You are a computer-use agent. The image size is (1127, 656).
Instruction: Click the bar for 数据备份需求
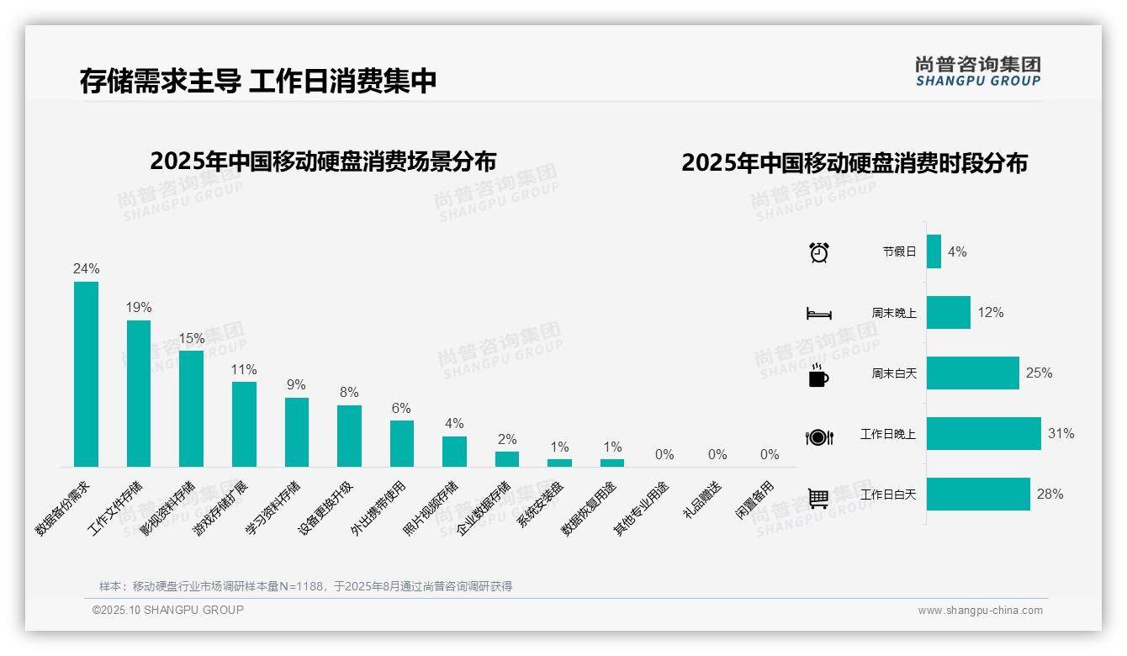86,374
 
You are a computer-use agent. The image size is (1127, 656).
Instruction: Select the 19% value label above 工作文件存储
139,308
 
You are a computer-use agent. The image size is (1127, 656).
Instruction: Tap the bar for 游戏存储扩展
244,424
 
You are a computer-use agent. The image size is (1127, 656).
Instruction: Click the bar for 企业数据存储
507,459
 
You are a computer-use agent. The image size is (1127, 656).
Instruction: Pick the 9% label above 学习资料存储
296,384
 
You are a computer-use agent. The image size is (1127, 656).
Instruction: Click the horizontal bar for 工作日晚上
983,434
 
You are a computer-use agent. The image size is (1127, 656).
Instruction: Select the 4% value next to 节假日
957,251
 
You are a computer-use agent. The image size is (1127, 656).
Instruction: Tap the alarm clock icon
819,252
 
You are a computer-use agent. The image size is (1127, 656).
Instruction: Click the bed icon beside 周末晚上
819,314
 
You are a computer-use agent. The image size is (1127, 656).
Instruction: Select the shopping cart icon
818,498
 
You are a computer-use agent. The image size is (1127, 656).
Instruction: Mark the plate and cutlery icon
819,437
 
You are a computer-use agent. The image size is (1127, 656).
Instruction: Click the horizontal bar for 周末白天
972,373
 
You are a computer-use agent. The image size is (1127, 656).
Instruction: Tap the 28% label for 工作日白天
1050,495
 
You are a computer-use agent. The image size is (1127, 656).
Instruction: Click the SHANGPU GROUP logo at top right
978,71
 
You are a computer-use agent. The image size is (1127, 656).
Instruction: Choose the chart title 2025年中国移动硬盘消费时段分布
855,163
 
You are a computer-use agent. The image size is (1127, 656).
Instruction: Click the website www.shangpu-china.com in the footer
980,611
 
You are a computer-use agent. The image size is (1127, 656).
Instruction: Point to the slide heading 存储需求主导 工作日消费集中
258,82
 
